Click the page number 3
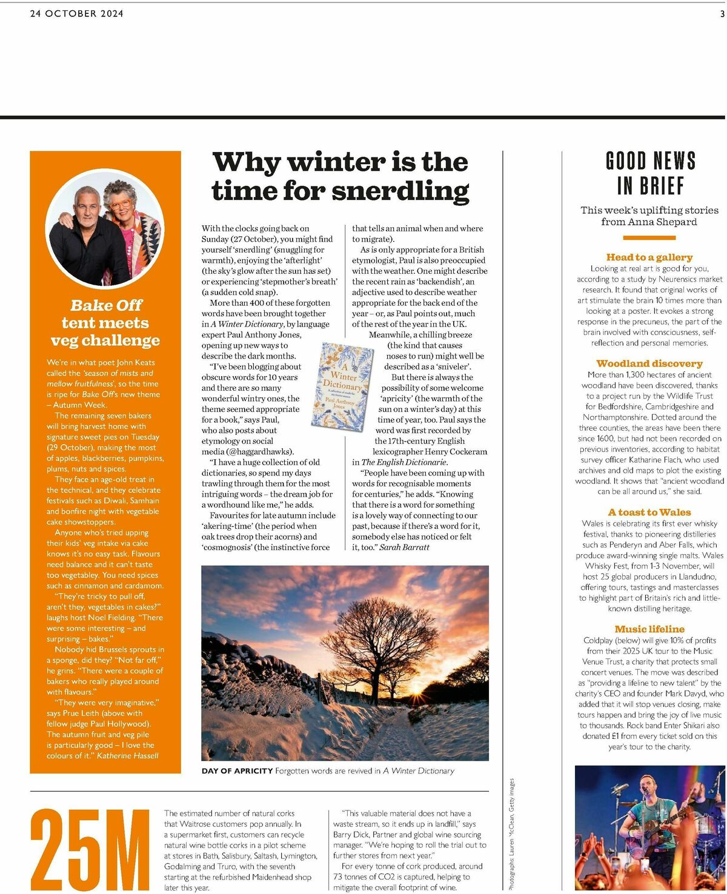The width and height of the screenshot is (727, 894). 722,13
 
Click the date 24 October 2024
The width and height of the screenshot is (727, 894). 77,13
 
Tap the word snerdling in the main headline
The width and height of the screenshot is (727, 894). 400,191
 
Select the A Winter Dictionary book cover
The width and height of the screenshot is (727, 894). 342,386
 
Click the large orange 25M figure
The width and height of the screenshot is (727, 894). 90,849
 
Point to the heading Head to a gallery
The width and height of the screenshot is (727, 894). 649,257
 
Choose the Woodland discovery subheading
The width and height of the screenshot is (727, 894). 649,363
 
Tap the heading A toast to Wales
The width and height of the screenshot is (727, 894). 649,512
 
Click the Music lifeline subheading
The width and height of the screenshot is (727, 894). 649,629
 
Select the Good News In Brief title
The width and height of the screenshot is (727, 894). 651,173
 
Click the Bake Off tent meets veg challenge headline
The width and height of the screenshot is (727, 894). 105,323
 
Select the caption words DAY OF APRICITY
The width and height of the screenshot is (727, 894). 237,771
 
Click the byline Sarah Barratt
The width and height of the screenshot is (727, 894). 404,547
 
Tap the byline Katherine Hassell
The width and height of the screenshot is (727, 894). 128,755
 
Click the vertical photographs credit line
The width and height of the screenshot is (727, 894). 511,833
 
